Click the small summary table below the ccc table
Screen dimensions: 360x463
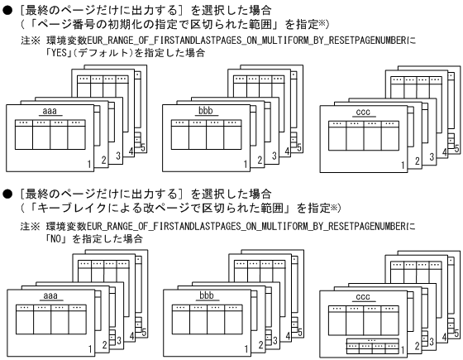click(x=363, y=345)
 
